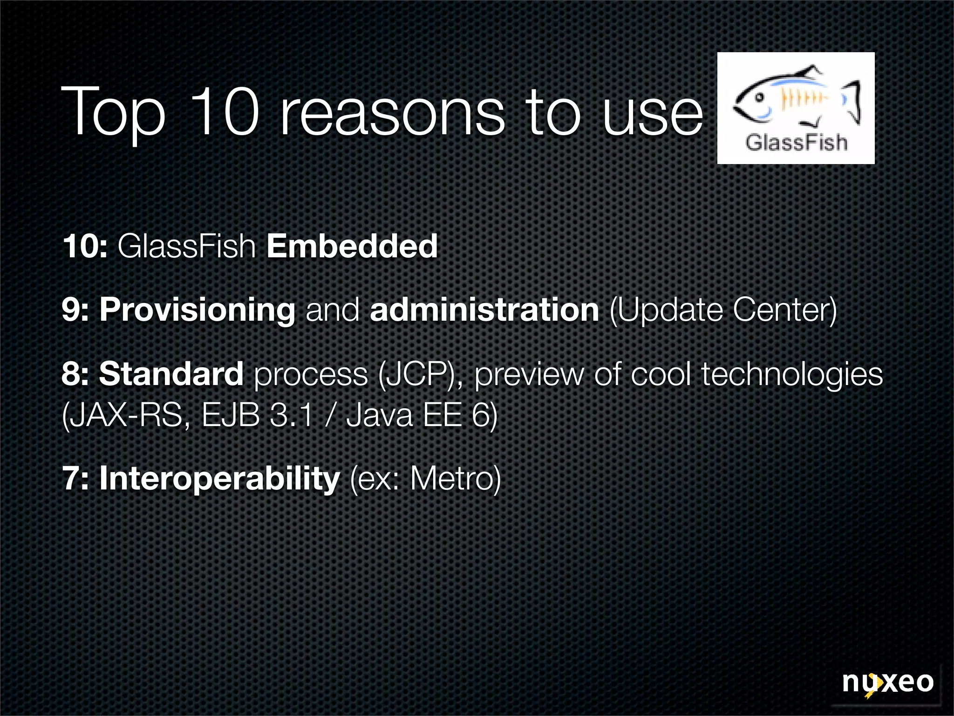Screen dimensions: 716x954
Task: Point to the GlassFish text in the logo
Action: [796, 142]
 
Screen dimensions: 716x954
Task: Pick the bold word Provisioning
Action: [198, 310]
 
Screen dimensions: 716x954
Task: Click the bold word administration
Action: [484, 310]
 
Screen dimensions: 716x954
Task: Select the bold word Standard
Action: [171, 374]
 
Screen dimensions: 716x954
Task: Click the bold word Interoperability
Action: [219, 479]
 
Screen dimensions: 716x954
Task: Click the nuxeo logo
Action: [887, 683]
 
